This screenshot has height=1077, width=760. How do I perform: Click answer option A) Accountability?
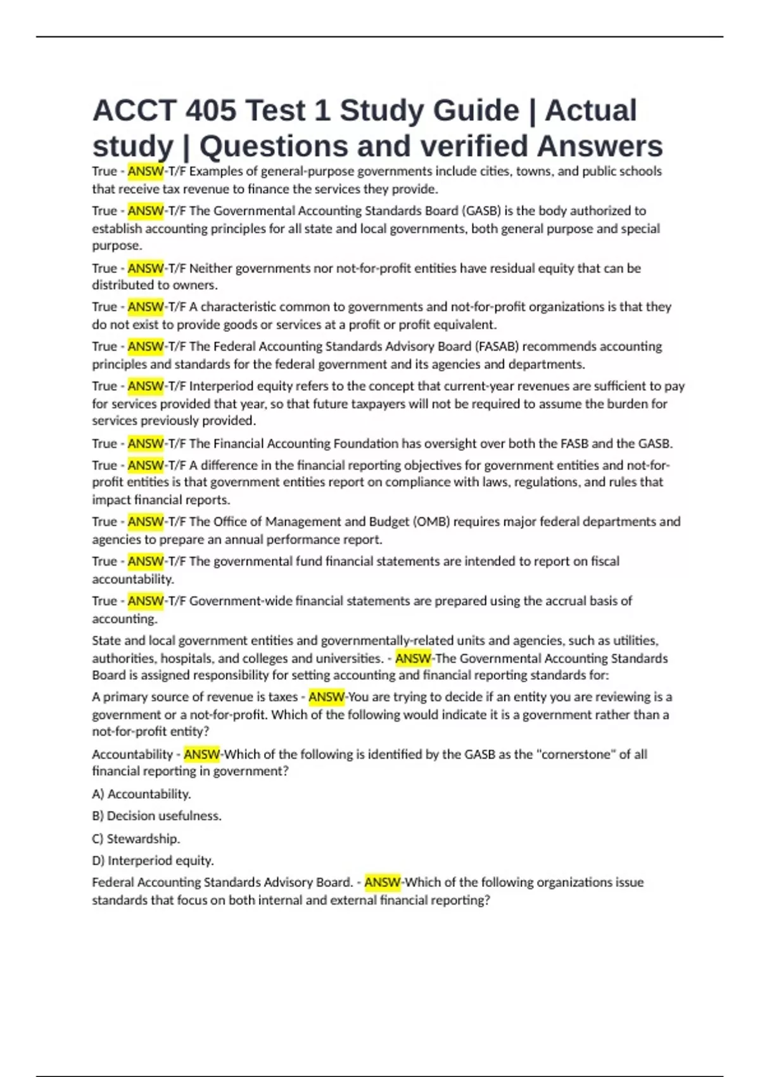(141, 794)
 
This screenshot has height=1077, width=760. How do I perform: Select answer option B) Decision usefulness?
(156, 816)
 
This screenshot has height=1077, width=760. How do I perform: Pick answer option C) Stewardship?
(136, 839)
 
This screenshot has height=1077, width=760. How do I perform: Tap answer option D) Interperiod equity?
(153, 861)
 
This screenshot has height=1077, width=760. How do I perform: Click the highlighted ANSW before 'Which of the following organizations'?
(383, 883)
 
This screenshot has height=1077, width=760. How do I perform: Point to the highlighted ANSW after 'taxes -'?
(326, 697)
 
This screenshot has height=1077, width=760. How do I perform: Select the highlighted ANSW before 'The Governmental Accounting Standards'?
(413, 659)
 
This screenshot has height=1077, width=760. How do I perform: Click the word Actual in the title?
(590, 111)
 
